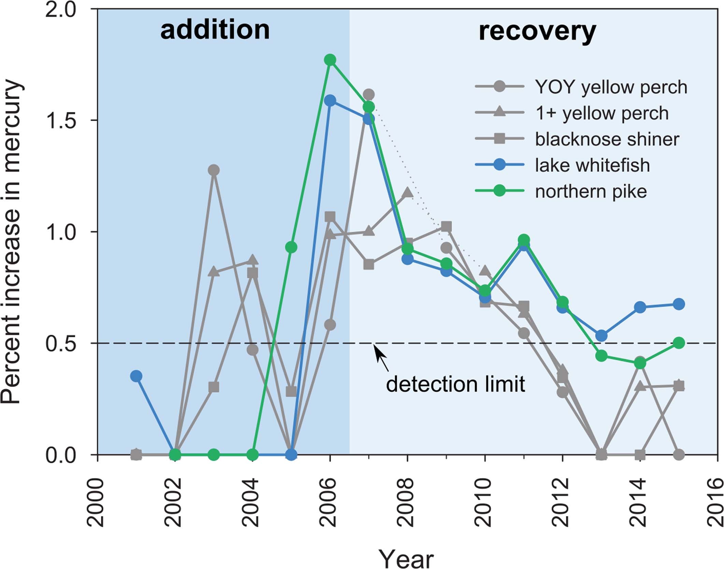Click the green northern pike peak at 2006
tap(330, 60)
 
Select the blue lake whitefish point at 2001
tap(136, 376)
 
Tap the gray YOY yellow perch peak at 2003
tap(214, 170)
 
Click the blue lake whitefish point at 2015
tap(679, 304)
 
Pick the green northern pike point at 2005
tap(291, 247)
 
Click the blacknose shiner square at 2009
tap(446, 226)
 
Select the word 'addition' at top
tap(215, 30)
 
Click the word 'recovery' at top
tap(537, 31)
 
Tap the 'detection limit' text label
tap(455, 384)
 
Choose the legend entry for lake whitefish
tap(592, 165)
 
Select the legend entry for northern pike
tap(591, 192)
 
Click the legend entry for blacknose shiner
tap(607, 139)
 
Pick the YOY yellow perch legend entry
tap(611, 87)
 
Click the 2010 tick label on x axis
tap(484, 503)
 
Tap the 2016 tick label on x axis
tap(716, 503)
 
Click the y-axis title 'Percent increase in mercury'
tap(12, 242)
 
